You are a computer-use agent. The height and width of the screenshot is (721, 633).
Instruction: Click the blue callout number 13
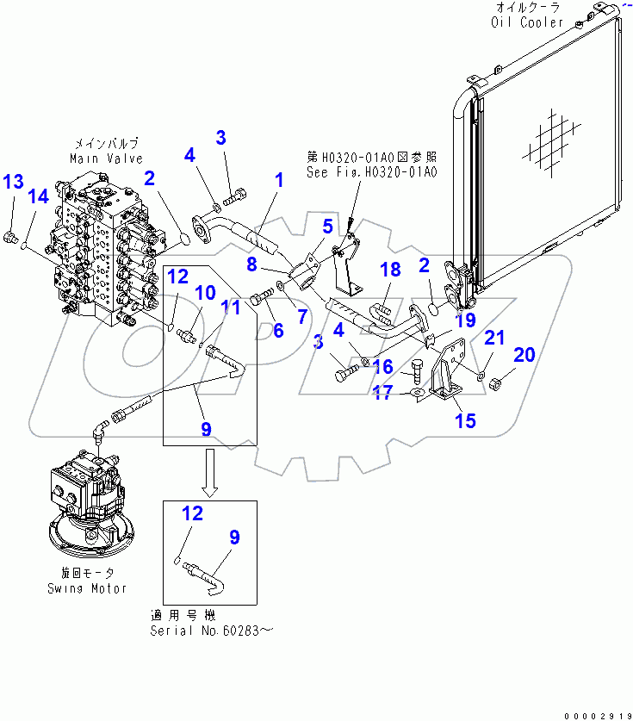point(13,182)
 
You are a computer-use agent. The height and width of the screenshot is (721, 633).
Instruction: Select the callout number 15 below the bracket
point(466,421)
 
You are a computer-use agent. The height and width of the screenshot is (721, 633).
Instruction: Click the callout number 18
point(390,270)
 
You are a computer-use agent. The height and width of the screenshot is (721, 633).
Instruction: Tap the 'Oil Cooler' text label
point(527,22)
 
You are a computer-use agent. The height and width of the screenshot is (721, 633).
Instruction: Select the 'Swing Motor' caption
point(86,588)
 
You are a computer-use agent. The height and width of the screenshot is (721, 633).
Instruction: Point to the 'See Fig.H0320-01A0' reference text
point(372,171)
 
